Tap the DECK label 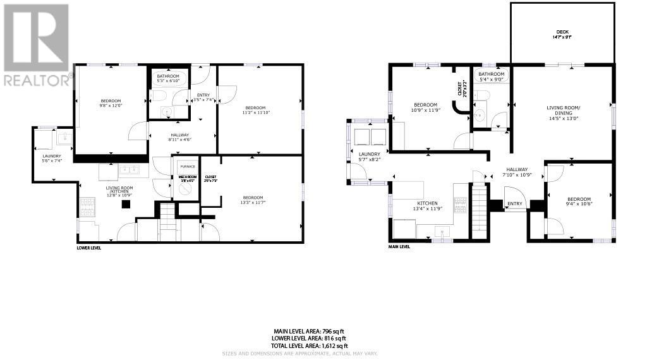click(x=562, y=34)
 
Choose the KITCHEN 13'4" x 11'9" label click(x=426, y=205)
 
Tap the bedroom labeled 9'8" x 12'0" click(x=111, y=104)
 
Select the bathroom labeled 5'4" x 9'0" click(x=491, y=76)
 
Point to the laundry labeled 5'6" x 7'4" click(x=52, y=159)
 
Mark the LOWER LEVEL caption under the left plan click(x=88, y=248)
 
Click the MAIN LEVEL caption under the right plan click(x=399, y=247)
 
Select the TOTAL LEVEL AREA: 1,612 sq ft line click(x=310, y=346)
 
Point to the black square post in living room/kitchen click(x=126, y=204)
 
